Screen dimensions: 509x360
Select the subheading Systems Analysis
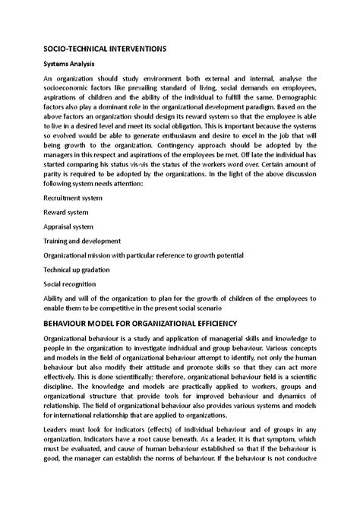click(69, 64)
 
